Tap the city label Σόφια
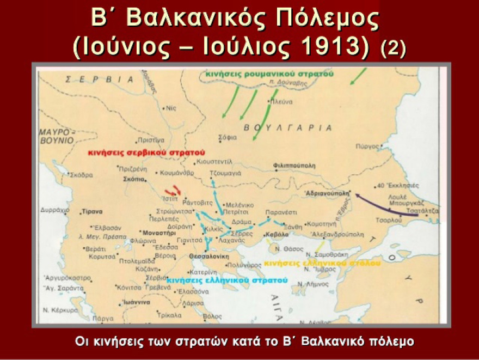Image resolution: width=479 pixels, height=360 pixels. [228, 137]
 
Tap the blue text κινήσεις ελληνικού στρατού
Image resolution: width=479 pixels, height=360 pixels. [227, 280]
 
